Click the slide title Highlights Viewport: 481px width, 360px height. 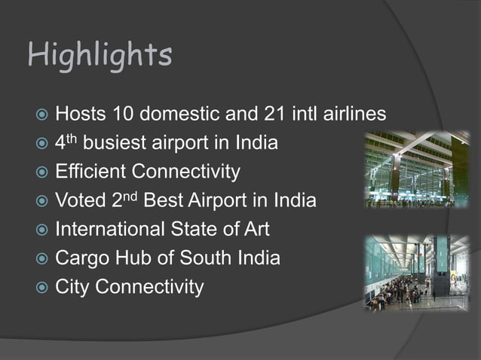[100, 56]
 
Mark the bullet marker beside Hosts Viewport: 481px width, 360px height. [42, 114]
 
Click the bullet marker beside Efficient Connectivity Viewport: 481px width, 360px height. [42, 172]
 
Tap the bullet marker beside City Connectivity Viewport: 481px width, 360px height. [42, 288]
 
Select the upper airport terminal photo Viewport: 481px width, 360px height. [416, 170]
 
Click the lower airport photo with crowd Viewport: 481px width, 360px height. [416, 273]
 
